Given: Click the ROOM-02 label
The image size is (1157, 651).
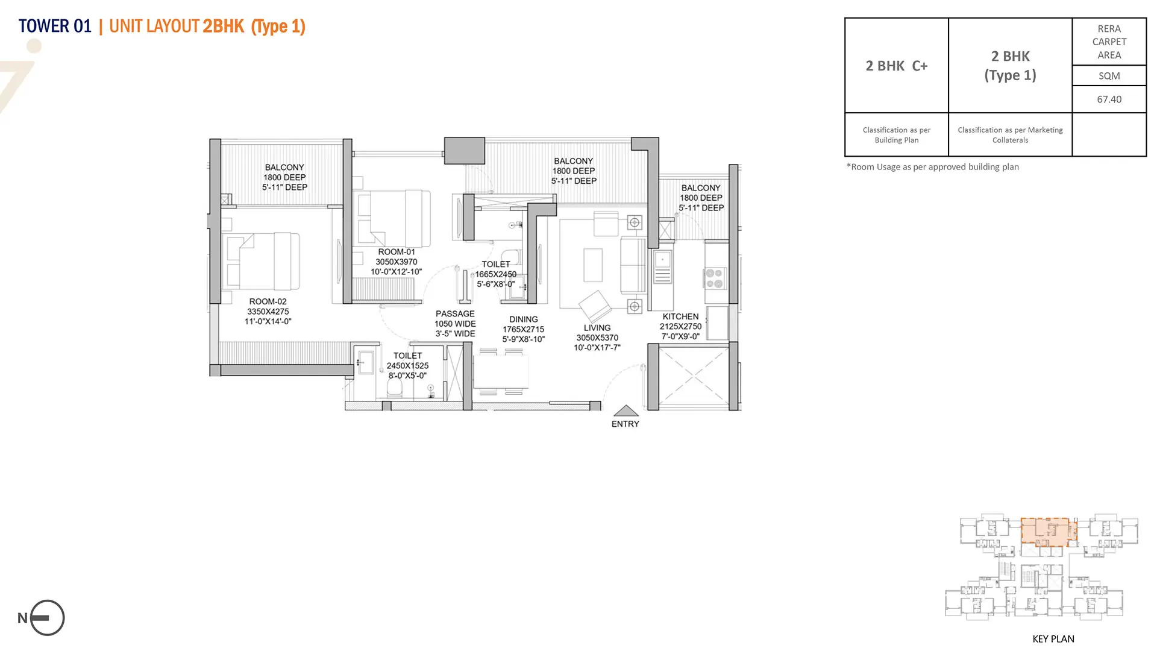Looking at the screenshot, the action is pyautogui.click(x=268, y=301).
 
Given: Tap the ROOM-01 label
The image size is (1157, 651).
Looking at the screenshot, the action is pyautogui.click(x=397, y=252).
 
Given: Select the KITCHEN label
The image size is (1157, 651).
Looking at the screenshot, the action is pyautogui.click(x=680, y=316).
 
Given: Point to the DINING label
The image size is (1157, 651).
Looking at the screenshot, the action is pyautogui.click(x=523, y=319).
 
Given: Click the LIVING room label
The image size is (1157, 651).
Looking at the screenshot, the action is pyautogui.click(x=597, y=328).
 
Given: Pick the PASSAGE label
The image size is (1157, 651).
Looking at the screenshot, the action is pyautogui.click(x=455, y=314).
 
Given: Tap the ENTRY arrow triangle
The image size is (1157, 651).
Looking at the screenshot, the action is pyautogui.click(x=626, y=410).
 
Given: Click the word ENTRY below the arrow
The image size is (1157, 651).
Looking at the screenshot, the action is pyautogui.click(x=626, y=424).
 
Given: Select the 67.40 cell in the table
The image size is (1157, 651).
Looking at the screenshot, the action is pyautogui.click(x=1109, y=99).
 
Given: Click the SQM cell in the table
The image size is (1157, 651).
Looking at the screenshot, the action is pyautogui.click(x=1109, y=76).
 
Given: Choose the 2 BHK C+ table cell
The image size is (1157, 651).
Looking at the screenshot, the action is pyautogui.click(x=897, y=66).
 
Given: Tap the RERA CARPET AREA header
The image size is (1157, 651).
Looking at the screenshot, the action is pyautogui.click(x=1109, y=42).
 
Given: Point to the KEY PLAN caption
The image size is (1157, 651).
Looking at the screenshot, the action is pyautogui.click(x=1053, y=639).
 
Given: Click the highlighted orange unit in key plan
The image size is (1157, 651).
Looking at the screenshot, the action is pyautogui.click(x=1049, y=532).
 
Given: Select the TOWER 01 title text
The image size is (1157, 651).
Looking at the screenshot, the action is pyautogui.click(x=55, y=27).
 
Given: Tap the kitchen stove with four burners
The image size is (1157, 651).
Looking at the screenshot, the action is pyautogui.click(x=715, y=278).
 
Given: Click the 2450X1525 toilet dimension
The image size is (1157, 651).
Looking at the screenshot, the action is pyautogui.click(x=407, y=366).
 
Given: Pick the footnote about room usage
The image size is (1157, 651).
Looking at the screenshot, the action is pyautogui.click(x=932, y=167).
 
